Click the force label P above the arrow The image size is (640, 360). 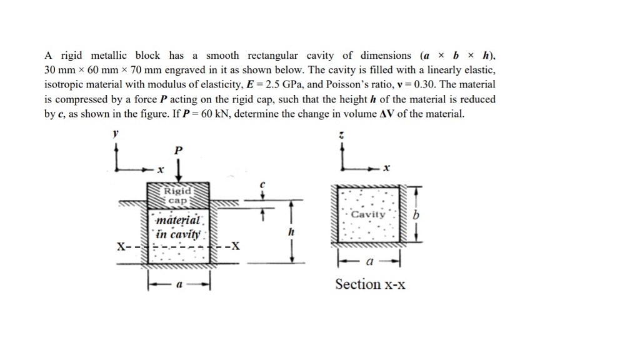179,150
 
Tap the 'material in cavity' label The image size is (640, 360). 179,228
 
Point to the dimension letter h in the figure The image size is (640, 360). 290,231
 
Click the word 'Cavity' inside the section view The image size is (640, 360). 368,215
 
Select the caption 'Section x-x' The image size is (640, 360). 370,284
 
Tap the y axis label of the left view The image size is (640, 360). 115,134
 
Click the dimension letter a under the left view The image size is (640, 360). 179,284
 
